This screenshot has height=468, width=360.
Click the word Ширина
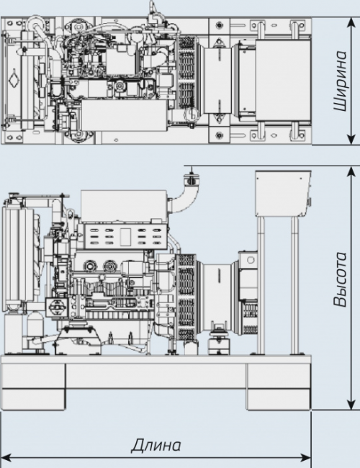coord(341,81)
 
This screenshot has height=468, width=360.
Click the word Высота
coord(341,279)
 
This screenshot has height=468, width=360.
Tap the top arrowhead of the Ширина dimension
coord(351,22)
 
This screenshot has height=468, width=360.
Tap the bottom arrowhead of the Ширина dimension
coord(351,140)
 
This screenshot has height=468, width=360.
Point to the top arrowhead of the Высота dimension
coord(351,171)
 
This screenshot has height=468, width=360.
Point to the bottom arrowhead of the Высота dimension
coord(351,405)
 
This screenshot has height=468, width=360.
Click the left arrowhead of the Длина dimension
coord(6,457)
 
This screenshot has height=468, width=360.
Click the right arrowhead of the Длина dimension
coord(305,457)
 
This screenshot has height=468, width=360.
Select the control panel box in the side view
coord(282,194)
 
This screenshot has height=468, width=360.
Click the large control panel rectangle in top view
coord(283,81)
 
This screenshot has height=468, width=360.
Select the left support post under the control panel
coord(261,285)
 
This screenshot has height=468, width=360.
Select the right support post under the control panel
coord(294,285)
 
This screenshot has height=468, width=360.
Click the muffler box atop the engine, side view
coord(124,206)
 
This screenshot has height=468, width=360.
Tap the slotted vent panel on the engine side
coord(125,237)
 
